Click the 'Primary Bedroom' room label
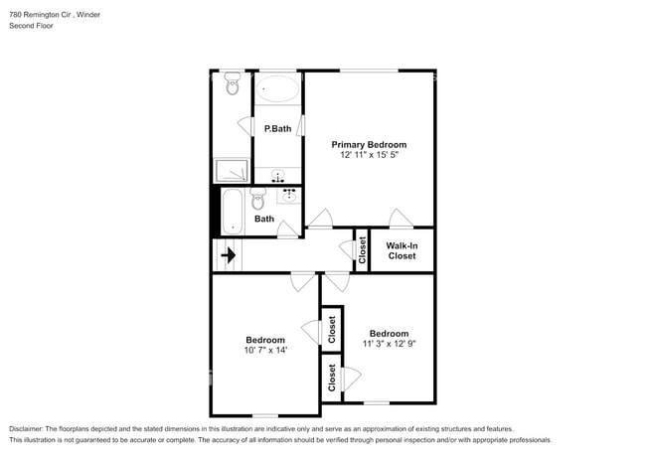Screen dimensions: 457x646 369,144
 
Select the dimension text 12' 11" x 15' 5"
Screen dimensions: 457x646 369,155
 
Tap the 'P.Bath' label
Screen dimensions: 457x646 277,128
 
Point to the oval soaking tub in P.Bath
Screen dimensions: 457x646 277,90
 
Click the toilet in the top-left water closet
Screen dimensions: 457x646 233,85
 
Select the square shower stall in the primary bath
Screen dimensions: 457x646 233,171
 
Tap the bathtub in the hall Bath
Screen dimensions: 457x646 232,211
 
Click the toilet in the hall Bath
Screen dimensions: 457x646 258,199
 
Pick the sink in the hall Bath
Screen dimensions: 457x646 289,195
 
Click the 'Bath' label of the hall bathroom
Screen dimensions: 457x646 264,219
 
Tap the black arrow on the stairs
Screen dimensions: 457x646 229,255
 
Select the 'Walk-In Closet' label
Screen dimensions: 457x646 402,249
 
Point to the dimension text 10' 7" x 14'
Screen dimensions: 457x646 264,350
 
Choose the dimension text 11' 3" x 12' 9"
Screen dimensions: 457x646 389,344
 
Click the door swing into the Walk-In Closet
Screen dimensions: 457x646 401,219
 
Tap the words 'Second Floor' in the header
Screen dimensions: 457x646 33,26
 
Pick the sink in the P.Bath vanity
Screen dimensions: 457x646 277,178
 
